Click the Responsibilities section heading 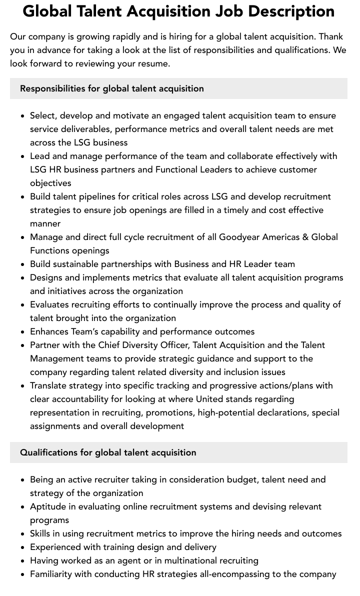click(x=112, y=88)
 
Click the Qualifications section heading click(x=108, y=452)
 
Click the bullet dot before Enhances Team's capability click(x=23, y=332)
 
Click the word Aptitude click(x=48, y=506)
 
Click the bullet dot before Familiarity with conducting click(x=23, y=574)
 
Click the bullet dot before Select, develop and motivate click(x=23, y=116)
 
